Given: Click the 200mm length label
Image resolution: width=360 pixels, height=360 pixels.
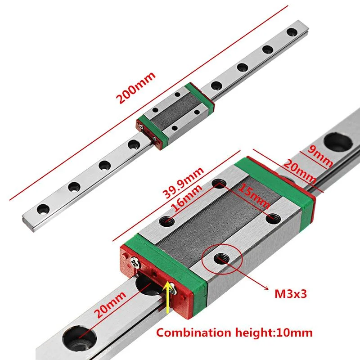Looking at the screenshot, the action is coord(136,88).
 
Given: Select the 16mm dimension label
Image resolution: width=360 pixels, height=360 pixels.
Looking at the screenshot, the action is coord(187,198).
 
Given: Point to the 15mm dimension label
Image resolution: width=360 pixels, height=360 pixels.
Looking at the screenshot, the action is coord(254,197).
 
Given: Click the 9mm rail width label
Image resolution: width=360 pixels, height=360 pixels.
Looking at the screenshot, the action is coord(320,156).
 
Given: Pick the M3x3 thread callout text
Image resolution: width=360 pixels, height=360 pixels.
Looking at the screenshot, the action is coord(291,294).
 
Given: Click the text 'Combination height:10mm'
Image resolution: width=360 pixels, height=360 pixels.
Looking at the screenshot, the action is coord(234,333).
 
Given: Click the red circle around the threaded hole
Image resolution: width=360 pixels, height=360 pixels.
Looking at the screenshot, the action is coord(222,259).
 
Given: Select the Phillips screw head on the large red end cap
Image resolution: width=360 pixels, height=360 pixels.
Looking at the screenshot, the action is coord(136,262).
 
